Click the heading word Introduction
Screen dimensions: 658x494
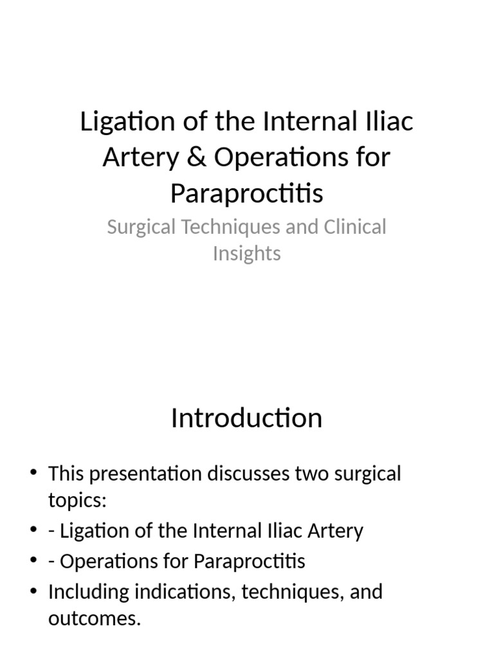tap(246, 418)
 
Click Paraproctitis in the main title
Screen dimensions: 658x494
tap(246, 193)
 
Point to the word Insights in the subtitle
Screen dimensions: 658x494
tap(246, 253)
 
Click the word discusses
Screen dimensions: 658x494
tap(248, 474)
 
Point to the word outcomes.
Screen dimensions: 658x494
tap(94, 619)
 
